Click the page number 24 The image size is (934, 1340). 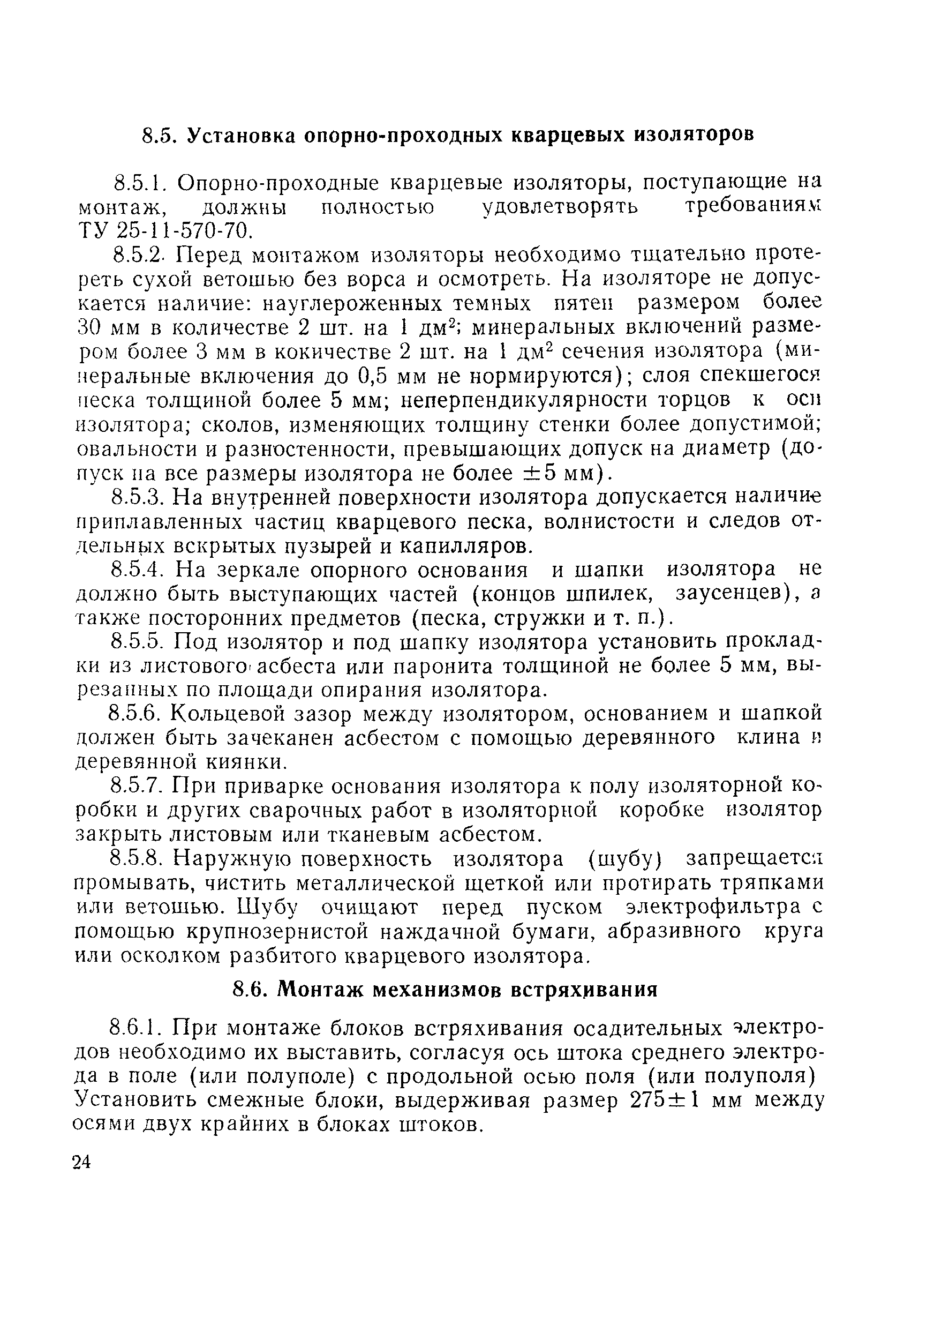coord(82,1163)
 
